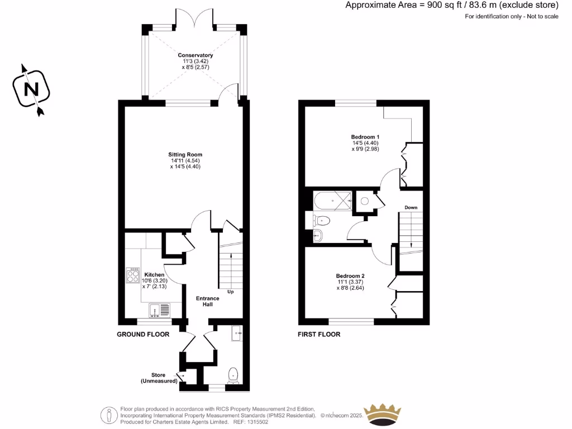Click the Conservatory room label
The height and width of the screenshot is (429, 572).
(195, 55)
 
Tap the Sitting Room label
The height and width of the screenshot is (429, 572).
(185, 154)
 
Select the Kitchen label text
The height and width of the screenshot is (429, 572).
(154, 275)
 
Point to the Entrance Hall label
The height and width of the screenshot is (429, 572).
(207, 301)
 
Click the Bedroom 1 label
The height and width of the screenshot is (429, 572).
(365, 137)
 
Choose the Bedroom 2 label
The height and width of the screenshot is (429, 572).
(350, 275)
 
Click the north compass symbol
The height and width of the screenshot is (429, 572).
(32, 89)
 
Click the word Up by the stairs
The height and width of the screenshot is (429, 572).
(230, 292)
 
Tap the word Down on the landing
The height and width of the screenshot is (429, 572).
(411, 207)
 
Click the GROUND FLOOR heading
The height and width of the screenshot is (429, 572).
(143, 335)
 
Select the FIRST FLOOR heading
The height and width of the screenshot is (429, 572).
(319, 335)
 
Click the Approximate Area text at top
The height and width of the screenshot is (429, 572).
(451, 6)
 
